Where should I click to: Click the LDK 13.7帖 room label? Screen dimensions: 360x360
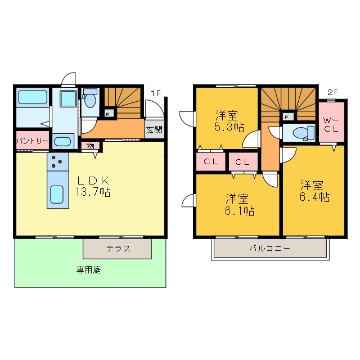pos(93,186)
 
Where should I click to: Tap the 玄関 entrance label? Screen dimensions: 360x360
pos(154,130)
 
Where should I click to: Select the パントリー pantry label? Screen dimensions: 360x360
pos(33,141)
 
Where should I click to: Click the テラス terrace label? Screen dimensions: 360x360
pos(119,249)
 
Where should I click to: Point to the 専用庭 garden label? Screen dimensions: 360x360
pos(89,270)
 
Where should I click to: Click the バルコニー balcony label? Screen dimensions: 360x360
pos(270,248)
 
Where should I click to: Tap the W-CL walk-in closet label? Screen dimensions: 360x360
pos(331,124)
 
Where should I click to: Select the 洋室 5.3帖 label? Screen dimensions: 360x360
pos(229,121)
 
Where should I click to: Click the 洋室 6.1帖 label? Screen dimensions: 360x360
pos(240,205)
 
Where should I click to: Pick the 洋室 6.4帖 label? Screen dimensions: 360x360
pos(314,191)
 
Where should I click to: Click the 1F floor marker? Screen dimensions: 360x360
pos(155,93)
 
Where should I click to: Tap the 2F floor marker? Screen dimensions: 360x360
pos(332,92)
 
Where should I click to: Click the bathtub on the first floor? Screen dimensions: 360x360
pos(33,97)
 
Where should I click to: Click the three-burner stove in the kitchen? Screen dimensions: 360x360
pos(57,162)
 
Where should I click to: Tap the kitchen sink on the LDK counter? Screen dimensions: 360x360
pos(57,194)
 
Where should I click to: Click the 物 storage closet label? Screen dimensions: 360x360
pos(90,146)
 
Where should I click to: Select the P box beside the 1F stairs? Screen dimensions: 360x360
pos(109,114)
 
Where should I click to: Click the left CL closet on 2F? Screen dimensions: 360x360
pos(211,162)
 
